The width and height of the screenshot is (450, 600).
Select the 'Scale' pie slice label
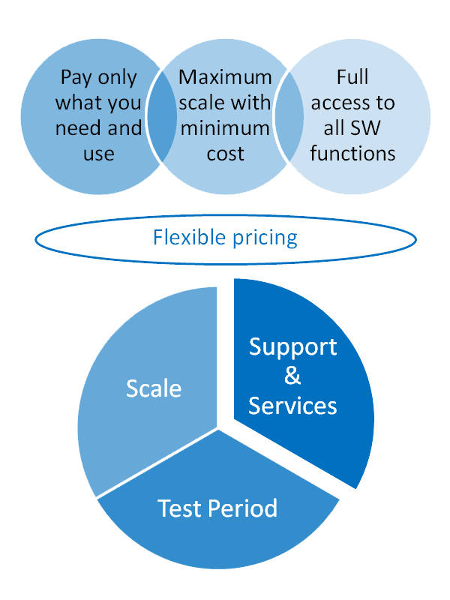click(154, 388)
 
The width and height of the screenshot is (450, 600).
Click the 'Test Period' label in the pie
click(217, 508)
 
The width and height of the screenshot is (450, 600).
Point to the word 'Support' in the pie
click(292, 346)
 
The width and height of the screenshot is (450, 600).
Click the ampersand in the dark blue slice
click(292, 376)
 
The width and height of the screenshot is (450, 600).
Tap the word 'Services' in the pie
click(292, 406)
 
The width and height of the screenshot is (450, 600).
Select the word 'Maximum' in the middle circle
click(225, 77)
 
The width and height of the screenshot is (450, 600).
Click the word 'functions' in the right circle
click(352, 154)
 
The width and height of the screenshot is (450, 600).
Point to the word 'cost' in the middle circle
click(225, 154)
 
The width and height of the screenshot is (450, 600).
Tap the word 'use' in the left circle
click(99, 154)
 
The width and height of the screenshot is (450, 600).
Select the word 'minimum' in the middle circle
click(225, 128)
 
